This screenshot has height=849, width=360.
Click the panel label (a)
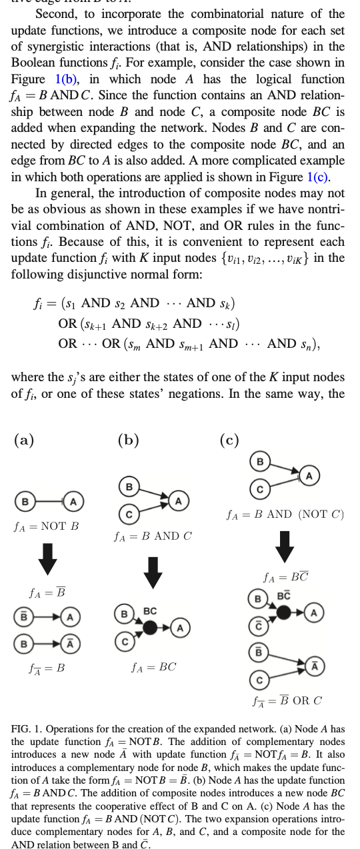pos(24,440)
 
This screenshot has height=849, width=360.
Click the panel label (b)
pos(128,440)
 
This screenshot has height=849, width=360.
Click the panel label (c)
pos(229,440)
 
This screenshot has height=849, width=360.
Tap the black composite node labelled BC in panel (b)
pos(150,628)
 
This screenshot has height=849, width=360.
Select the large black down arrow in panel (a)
pos(47,559)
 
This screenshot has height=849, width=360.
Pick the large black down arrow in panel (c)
pos(284,546)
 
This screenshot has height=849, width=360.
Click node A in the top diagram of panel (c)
pos(309,475)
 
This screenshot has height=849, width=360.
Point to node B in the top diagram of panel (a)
pos(25,501)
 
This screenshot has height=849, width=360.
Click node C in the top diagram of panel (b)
pos(129,514)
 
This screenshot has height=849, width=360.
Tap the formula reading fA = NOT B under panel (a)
pos(46,526)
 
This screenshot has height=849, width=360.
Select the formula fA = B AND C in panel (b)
pos(153,536)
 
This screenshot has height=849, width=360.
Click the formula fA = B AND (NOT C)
pos(285,514)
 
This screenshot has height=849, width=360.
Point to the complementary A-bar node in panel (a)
pos(70,643)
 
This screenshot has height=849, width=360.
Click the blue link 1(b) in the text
pos(66,79)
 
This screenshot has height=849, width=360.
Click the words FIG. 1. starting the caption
pos(27,729)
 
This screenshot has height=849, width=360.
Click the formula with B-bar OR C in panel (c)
pos(287,700)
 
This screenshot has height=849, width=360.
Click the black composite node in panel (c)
pos(283,612)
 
